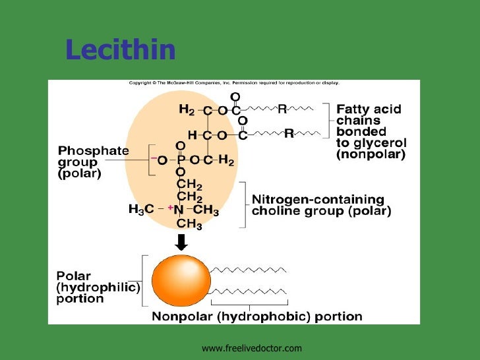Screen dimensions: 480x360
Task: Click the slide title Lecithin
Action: pyautogui.click(x=121, y=49)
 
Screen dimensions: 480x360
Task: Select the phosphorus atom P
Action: pyautogui.click(x=181, y=159)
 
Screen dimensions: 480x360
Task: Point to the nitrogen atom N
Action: pyautogui.click(x=179, y=210)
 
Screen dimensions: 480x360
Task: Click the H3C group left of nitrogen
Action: pyautogui.click(x=140, y=210)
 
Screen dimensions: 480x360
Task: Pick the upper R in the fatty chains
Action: pyautogui.click(x=282, y=110)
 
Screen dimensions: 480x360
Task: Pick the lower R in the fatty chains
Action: pyautogui.click(x=288, y=134)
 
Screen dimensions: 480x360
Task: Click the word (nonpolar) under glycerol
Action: pyautogui.click(x=371, y=155)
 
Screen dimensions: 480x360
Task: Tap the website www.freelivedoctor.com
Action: pyautogui.click(x=251, y=347)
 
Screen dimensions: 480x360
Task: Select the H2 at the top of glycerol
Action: pyautogui.click(x=187, y=110)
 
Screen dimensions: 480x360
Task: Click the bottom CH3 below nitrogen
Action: pyautogui.click(x=190, y=223)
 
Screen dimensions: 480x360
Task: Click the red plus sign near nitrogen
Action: pyautogui.click(x=169, y=208)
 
